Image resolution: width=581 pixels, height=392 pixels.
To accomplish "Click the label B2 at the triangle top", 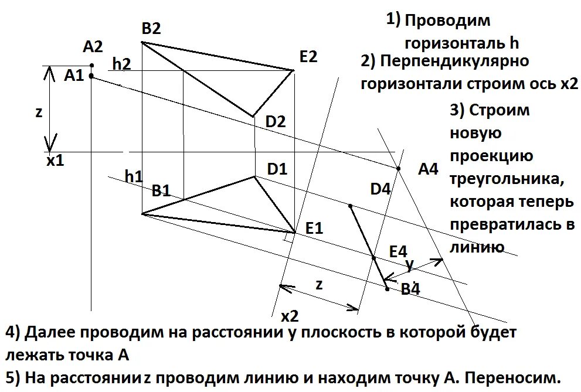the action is pyautogui.click(x=151, y=29).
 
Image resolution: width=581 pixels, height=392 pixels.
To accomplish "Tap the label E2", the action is pyautogui.click(x=308, y=57).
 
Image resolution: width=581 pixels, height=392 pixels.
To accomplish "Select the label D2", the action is pyautogui.click(x=276, y=122).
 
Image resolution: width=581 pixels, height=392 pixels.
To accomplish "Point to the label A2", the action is pyautogui.click(x=93, y=46).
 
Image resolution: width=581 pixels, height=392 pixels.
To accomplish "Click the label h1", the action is pyautogui.click(x=134, y=175).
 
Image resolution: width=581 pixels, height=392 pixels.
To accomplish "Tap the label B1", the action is pyautogui.click(x=161, y=190).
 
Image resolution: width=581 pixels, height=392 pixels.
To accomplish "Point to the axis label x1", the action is pyautogui.click(x=55, y=160).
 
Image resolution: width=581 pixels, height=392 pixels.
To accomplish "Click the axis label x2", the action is pyautogui.click(x=290, y=317).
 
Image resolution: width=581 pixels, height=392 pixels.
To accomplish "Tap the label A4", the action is pyautogui.click(x=428, y=169).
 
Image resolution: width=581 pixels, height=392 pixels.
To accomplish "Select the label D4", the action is pyautogui.click(x=380, y=189).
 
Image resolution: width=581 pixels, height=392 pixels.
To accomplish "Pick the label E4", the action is pyautogui.click(x=398, y=251).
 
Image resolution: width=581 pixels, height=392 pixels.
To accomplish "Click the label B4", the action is pyautogui.click(x=410, y=289).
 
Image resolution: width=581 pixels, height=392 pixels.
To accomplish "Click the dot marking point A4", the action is pyautogui.click(x=398, y=169).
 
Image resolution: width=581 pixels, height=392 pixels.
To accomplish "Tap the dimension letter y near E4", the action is pyautogui.click(x=409, y=265).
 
